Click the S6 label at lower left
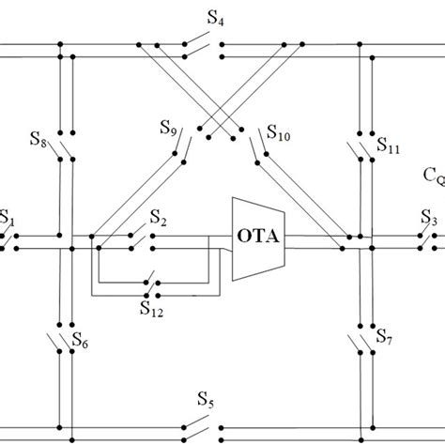coord(79,345)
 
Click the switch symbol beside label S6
coord(64,341)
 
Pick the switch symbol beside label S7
coord(362,339)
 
